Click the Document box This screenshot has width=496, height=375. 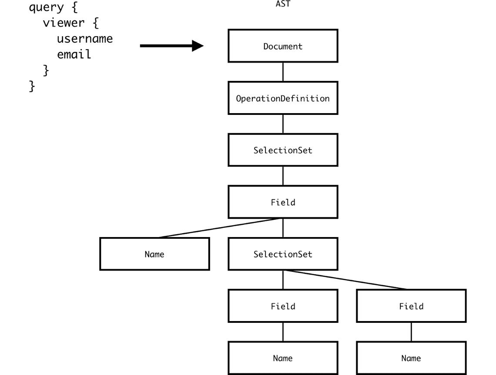(x=283, y=46)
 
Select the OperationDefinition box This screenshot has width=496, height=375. (x=283, y=98)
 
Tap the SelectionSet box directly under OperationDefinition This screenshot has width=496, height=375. (x=283, y=151)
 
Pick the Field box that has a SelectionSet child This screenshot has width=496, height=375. (x=283, y=202)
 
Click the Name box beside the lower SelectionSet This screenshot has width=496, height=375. (x=154, y=254)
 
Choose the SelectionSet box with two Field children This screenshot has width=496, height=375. (x=283, y=254)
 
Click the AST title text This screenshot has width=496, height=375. (x=283, y=4)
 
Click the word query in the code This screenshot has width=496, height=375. (x=46, y=8)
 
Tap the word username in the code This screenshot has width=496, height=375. (x=85, y=39)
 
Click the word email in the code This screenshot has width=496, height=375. (x=74, y=54)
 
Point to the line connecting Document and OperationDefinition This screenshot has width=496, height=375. (x=283, y=72)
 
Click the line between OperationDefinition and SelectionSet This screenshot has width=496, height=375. (x=283, y=124)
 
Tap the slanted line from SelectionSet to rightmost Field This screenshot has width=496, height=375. (x=346, y=280)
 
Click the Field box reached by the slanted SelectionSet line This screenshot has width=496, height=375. (x=411, y=306)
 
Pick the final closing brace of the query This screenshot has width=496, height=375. (x=32, y=86)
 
